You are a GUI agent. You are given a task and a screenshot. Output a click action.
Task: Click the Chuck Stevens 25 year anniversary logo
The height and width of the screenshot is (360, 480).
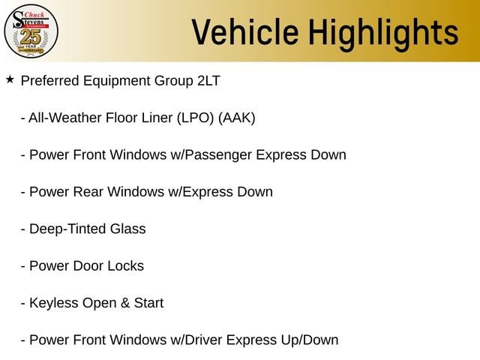(x=31, y=31)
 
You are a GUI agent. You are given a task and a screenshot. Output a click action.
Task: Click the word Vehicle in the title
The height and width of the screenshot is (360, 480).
(x=245, y=31)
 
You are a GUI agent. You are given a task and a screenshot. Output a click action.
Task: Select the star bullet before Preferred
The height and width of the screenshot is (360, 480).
(x=10, y=79)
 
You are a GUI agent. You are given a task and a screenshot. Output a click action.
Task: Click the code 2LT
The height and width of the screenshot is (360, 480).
(x=208, y=81)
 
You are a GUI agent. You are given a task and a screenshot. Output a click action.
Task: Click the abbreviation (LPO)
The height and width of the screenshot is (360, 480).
(x=195, y=118)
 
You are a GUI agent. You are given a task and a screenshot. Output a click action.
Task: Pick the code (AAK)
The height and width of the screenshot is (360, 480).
(x=237, y=118)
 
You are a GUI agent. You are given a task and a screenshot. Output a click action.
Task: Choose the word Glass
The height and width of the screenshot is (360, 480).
(x=128, y=229)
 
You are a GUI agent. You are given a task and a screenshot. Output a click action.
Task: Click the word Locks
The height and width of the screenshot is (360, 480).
(x=125, y=266)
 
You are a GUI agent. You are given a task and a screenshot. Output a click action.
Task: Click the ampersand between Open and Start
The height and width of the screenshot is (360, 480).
(x=125, y=303)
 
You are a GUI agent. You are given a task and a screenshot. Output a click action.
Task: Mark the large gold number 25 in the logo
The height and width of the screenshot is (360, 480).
(x=30, y=37)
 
